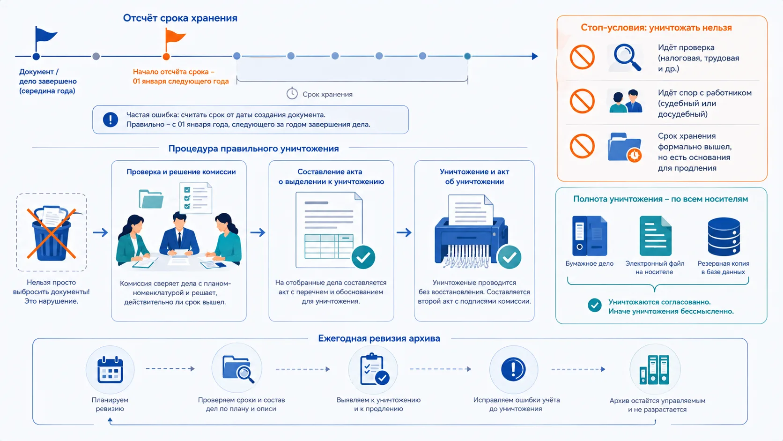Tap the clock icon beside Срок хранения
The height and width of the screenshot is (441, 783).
(292, 94)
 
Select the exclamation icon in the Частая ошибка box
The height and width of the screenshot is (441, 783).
(111, 120)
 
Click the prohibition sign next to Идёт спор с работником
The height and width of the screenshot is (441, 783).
(582, 101)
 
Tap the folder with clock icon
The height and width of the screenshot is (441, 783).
(625, 147)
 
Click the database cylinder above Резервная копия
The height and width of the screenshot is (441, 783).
(724, 237)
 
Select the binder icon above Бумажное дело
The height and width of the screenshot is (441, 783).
(590, 236)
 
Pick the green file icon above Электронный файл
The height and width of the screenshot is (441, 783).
(656, 236)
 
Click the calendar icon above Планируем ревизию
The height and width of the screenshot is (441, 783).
(110, 370)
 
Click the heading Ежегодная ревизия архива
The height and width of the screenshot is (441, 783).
(379, 338)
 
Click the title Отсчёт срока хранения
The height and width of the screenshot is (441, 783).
(180, 18)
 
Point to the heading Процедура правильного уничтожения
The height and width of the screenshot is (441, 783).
(253, 148)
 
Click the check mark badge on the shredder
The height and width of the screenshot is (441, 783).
(510, 257)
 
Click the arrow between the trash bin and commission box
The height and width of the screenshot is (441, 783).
(100, 232)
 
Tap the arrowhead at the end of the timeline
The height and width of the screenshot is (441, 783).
(535, 56)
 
